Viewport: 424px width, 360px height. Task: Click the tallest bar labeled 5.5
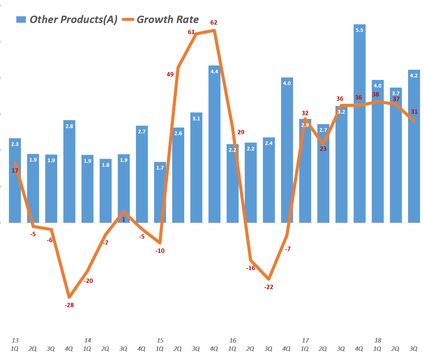point(359,123)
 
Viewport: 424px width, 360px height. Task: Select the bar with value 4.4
point(214,144)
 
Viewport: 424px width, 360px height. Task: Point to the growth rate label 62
point(214,22)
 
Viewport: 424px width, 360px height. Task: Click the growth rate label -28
point(69,305)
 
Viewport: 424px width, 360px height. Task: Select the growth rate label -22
point(269,287)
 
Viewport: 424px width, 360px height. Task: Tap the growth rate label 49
point(170,74)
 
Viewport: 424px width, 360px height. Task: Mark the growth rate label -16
point(251,268)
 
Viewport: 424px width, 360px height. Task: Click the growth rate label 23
point(323,149)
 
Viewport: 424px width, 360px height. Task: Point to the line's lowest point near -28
point(69,297)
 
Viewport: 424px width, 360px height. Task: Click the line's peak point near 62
point(214,30)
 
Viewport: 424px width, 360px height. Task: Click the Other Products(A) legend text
point(73,19)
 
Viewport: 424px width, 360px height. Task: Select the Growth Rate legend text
point(168,19)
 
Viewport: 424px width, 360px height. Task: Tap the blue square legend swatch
point(21,20)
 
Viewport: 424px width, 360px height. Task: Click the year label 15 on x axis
point(160,340)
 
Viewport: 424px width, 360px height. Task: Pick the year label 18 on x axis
point(378,340)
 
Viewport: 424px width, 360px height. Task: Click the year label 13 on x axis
point(15,340)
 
